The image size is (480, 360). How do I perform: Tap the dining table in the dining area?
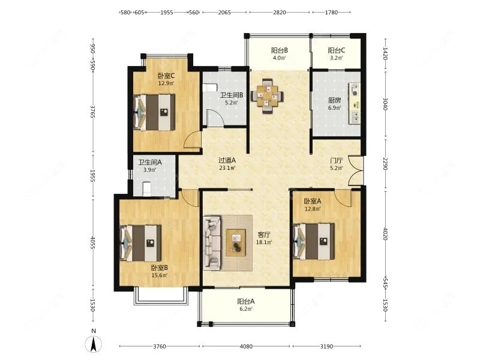click(x=267, y=96)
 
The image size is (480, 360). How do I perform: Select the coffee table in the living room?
click(x=236, y=242)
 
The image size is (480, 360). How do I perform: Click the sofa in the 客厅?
click(x=212, y=243)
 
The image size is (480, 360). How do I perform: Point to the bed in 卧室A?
click(x=314, y=241)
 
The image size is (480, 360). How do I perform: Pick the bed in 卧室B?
click(x=141, y=243)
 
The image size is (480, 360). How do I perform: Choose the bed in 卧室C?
click(x=155, y=112)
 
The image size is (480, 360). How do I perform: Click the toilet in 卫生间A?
click(x=147, y=188)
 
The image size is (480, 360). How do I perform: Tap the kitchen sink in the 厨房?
click(x=355, y=116)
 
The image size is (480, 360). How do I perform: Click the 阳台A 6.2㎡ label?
click(x=246, y=305)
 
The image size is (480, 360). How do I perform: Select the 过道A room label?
click(x=227, y=160)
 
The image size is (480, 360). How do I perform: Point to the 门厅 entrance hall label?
click(x=337, y=161)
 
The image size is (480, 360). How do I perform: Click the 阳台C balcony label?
click(x=337, y=50)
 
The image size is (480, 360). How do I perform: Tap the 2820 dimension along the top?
click(x=280, y=12)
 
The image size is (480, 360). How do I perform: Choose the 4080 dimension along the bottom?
click(x=246, y=346)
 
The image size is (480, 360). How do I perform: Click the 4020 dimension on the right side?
click(x=385, y=233)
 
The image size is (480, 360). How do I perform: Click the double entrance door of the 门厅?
click(x=356, y=171)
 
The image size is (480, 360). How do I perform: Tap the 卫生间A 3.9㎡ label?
click(x=149, y=166)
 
